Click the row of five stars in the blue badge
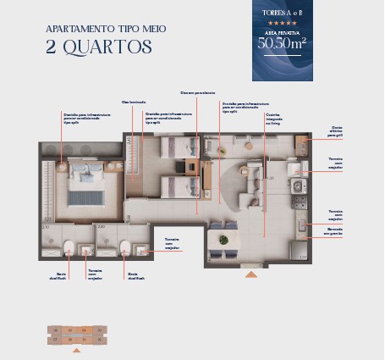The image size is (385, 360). [x=282, y=25]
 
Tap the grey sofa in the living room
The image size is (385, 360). [x=250, y=182]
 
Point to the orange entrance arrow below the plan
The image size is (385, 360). [x=250, y=274]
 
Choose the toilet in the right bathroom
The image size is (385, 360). [x=125, y=247]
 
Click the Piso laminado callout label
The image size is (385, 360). [x=132, y=102]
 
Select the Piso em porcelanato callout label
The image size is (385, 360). [x=197, y=92]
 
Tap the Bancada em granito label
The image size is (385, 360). [x=335, y=231]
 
